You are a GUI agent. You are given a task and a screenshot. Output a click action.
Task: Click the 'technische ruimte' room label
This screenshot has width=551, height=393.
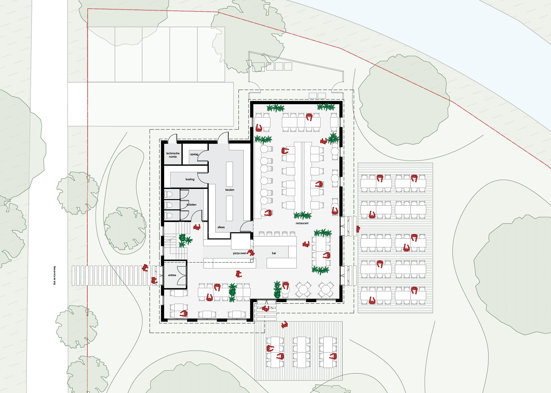pyautogui.click(x=173, y=155)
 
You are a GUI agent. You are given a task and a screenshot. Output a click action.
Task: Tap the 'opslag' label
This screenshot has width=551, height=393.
pyautogui.click(x=194, y=154)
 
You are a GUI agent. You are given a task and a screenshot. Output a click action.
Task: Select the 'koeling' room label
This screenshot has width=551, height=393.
pyautogui.click(x=190, y=179)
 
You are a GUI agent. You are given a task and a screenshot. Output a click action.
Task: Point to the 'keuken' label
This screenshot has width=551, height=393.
pyautogui.click(x=230, y=190)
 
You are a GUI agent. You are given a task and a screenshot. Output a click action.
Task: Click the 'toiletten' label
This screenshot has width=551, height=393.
pyautogui.click(x=192, y=205)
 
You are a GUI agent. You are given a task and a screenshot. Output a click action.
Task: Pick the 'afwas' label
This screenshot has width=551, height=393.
pyautogui.click(x=221, y=227)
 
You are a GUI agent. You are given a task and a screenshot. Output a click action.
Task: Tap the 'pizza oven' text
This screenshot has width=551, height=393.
pyautogui.click(x=239, y=253)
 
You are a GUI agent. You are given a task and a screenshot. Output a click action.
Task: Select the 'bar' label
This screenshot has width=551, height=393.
pyautogui.click(x=274, y=253)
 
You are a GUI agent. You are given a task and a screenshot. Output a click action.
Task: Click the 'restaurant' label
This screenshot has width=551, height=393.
pyautogui.click(x=302, y=223)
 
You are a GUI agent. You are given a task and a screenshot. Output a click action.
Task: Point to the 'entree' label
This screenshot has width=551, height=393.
pyautogui.click(x=172, y=275)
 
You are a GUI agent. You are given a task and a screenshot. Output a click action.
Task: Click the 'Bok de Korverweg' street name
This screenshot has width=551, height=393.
pyautogui.click(x=55, y=275)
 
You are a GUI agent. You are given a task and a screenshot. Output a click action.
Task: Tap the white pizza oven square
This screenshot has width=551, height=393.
pyautogui.click(x=241, y=241)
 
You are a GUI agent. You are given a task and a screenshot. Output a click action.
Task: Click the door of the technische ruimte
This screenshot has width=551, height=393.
pyautogui.click(x=173, y=139)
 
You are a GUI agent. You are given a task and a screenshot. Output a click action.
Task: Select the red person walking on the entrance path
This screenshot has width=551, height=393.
pyautogui.click(x=145, y=268)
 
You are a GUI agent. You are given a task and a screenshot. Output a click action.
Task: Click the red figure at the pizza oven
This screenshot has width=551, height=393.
pyautogui.click(x=251, y=253)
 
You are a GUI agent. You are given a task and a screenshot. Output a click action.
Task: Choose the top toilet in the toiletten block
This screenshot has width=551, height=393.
pyautogui.click(x=168, y=194)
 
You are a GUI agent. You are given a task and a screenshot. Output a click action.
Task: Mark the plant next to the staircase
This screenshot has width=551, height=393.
pyautogui.click(x=185, y=240)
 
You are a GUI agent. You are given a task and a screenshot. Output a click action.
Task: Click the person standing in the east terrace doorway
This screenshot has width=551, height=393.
pyautogui.click(x=358, y=229)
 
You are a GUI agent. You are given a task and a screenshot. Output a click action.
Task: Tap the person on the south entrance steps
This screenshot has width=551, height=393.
pyautogui.click(x=265, y=308)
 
